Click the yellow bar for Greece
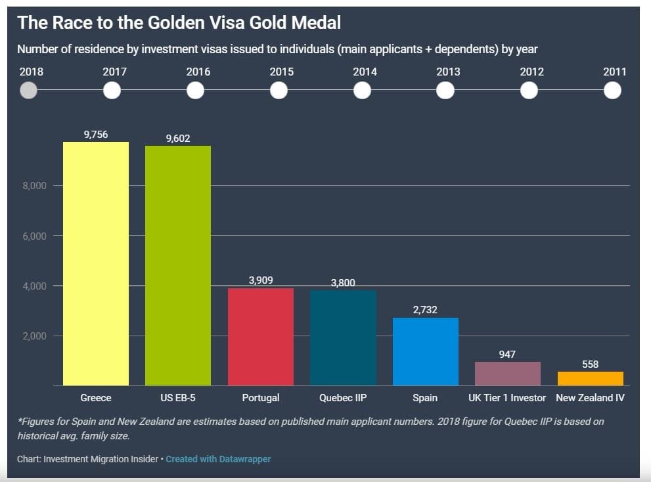click(96, 263)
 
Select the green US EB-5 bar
click(178, 265)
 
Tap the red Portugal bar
click(261, 336)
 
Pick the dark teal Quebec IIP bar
click(343, 338)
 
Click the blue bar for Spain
click(426, 351)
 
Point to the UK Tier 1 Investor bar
click(508, 374)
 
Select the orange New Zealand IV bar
click(590, 378)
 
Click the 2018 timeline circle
click(28, 91)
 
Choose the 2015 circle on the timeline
click(279, 91)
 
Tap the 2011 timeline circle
click(612, 91)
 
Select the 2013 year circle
click(445, 91)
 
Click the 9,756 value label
click(96, 134)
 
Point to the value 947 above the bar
click(507, 354)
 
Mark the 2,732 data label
click(425, 309)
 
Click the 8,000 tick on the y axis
click(35, 186)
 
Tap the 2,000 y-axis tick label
click(35, 336)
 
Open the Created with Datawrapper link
click(218, 459)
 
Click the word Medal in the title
click(317, 23)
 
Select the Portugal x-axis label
click(261, 398)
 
